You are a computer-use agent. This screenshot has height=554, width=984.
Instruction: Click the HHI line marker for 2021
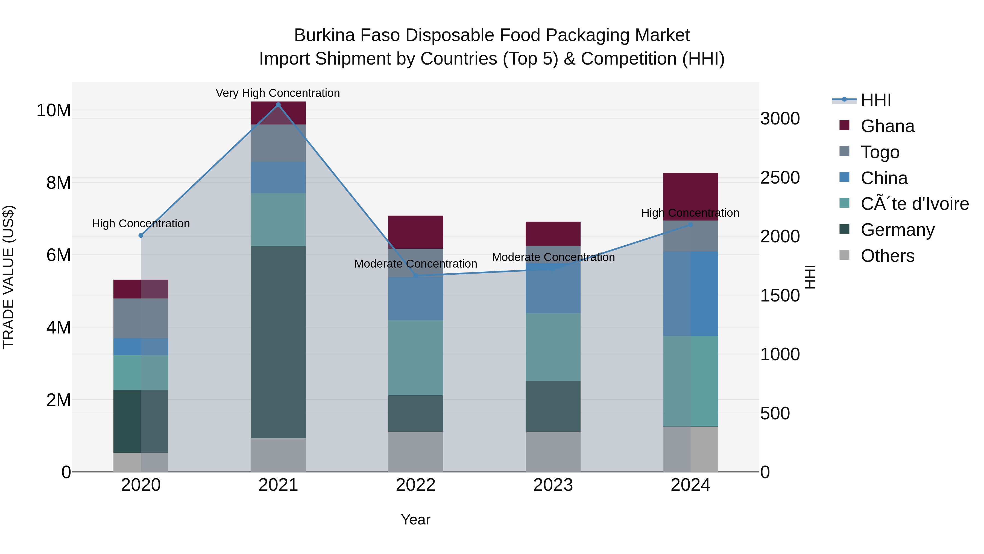(x=278, y=105)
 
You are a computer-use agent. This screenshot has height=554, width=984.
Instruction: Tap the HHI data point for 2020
(x=141, y=236)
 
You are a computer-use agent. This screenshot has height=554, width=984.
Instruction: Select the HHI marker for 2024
(x=690, y=225)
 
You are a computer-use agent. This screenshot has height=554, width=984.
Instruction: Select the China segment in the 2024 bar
(x=690, y=294)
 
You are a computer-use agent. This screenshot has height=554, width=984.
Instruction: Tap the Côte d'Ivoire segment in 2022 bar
(x=415, y=358)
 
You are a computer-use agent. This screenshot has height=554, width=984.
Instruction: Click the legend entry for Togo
(x=880, y=152)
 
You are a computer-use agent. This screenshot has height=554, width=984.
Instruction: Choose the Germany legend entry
(x=897, y=230)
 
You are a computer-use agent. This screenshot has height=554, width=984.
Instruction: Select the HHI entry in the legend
(x=875, y=100)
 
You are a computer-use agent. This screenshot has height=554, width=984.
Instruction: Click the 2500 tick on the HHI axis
(x=780, y=177)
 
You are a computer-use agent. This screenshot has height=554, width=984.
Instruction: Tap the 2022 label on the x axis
(x=415, y=485)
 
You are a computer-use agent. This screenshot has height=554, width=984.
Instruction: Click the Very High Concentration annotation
(x=278, y=93)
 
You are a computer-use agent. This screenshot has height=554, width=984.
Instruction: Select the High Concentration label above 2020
(x=141, y=224)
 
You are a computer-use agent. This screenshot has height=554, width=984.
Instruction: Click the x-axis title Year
(x=415, y=520)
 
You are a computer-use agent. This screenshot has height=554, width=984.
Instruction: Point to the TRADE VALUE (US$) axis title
(x=8, y=277)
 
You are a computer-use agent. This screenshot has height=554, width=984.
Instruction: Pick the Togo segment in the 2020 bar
(x=141, y=318)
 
